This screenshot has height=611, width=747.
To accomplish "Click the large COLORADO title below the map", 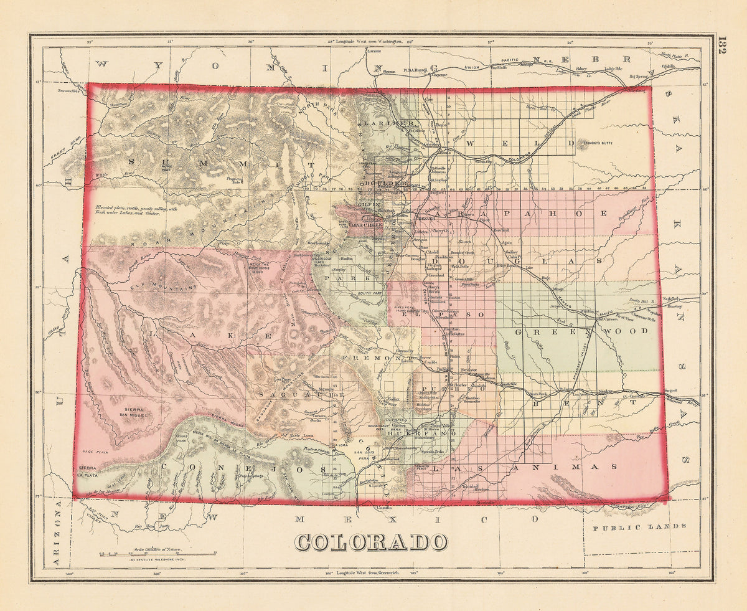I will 371,542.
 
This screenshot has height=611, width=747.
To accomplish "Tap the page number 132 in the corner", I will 722,47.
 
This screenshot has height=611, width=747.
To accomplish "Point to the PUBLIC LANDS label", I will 639,526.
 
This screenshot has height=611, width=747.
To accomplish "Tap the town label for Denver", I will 426,219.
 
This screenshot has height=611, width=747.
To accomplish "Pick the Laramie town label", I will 374,50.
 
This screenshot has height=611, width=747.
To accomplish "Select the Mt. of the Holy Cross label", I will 261,268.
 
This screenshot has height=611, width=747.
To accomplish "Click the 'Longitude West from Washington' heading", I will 367,41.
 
